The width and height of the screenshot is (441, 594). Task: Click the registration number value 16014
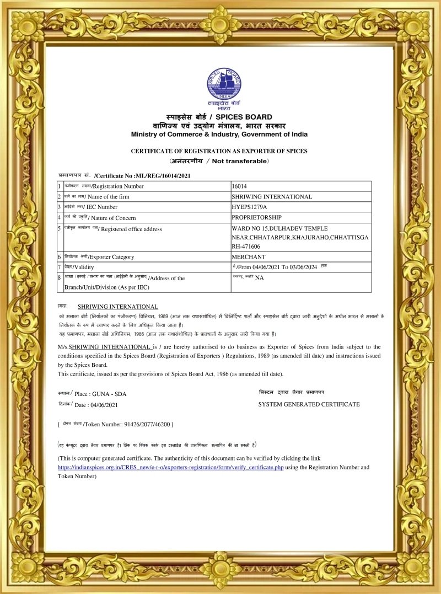(240, 186)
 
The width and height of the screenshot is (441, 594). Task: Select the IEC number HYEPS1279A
(250, 207)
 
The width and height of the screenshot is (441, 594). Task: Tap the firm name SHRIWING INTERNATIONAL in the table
(272, 196)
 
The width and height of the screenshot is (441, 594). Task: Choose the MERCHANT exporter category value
(248, 256)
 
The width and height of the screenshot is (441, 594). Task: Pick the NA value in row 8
(259, 277)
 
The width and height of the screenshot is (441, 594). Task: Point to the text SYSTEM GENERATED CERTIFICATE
(309, 404)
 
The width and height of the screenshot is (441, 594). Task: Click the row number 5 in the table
(59, 228)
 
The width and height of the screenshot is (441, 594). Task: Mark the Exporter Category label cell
(110, 256)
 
